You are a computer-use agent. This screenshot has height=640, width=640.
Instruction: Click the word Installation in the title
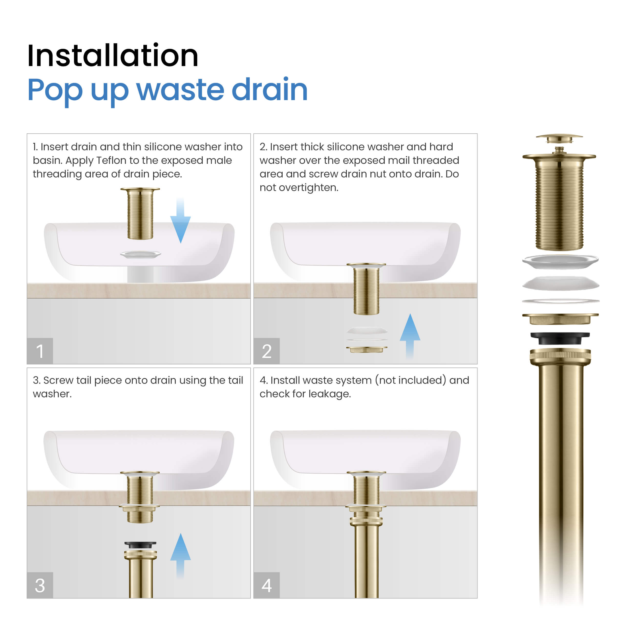coord(113,56)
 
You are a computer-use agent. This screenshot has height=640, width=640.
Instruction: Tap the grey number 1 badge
coord(40,351)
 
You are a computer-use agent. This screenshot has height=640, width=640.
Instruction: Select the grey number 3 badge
coord(40,585)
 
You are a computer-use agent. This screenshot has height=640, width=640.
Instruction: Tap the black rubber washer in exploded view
coord(560,338)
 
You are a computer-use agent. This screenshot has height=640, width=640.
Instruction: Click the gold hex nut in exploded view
coord(560,319)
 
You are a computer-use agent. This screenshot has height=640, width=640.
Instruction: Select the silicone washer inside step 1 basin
coord(141,254)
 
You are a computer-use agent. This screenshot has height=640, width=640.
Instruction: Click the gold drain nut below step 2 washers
coord(366,349)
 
